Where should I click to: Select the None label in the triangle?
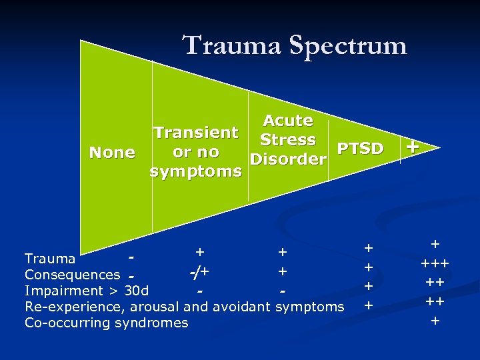[x=112, y=153]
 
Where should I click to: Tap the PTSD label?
[x=361, y=149]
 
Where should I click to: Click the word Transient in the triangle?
[x=195, y=132]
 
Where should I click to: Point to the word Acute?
[x=287, y=121]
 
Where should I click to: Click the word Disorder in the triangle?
[x=287, y=160]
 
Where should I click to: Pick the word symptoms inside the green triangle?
[x=195, y=172]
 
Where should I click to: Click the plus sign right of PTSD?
[x=413, y=146]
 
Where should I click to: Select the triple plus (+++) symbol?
[x=435, y=263]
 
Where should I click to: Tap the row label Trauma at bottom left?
[x=49, y=259]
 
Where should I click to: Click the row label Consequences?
[x=72, y=275]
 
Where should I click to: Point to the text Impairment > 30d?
[x=87, y=291]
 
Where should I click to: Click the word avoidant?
[x=245, y=307]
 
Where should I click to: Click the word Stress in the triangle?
[x=287, y=140]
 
